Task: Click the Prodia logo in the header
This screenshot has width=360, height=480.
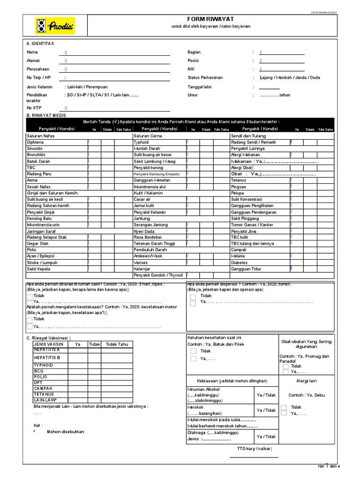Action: pos(55,26)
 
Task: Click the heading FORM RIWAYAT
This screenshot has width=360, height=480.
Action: pos(204,19)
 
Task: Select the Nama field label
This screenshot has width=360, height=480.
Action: pos(32,52)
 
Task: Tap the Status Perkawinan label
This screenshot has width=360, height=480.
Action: pos(205,77)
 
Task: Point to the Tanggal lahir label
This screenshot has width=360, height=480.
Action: pos(199,87)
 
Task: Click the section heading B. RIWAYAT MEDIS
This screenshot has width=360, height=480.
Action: pos(46,115)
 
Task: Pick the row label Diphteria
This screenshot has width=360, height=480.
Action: pos(36,142)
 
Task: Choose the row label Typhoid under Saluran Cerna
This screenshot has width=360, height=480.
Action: pos(141,142)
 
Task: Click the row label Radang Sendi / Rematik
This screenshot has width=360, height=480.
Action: pos(254,142)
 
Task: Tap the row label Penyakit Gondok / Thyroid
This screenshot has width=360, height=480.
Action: pos(158,275)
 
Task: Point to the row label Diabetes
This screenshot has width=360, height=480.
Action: pos(240,262)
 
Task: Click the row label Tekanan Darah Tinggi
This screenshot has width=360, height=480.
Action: pos(154,244)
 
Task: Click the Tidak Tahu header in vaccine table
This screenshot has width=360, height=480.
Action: pos(117,344)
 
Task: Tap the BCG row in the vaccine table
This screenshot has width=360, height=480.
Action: pos(38,371)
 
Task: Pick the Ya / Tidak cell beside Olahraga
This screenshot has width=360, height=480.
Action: pos(266,436)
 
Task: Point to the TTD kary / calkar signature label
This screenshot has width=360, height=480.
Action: pos(254,449)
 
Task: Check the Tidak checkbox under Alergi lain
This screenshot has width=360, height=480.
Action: pos(284,407)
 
